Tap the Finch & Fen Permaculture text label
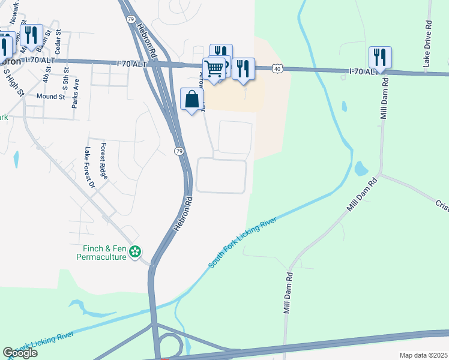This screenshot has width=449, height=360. tap(102, 253)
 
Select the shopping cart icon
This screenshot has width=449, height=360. tap(214, 68)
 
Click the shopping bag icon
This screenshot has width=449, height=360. tap(191, 99)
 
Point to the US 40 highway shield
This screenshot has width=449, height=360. tap(277, 70)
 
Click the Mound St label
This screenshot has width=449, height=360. tap(50, 97)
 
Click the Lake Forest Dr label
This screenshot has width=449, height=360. tap(89, 167)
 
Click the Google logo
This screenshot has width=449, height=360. tap(20, 353)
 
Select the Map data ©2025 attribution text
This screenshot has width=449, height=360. tap(423, 355)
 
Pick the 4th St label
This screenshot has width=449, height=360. tap(46, 74)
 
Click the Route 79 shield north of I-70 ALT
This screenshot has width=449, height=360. tap(131, 20)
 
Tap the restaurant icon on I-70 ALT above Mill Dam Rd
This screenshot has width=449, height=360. tap(380, 58)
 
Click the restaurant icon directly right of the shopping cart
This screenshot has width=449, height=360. tap(243, 68)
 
